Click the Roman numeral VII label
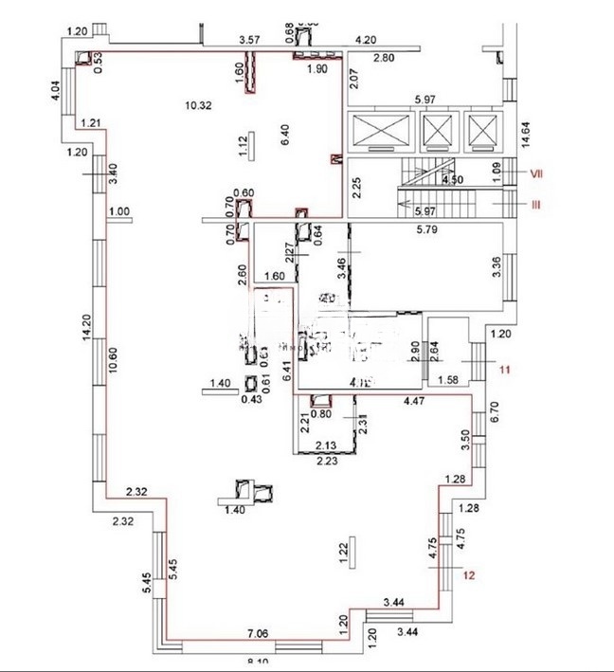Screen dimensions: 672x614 click(535, 173)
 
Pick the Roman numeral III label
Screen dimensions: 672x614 click(535, 204)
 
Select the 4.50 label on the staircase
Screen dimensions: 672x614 click(452, 178)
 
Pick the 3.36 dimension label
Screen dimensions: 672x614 click(496, 268)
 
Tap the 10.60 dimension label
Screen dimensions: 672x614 click(113, 363)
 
